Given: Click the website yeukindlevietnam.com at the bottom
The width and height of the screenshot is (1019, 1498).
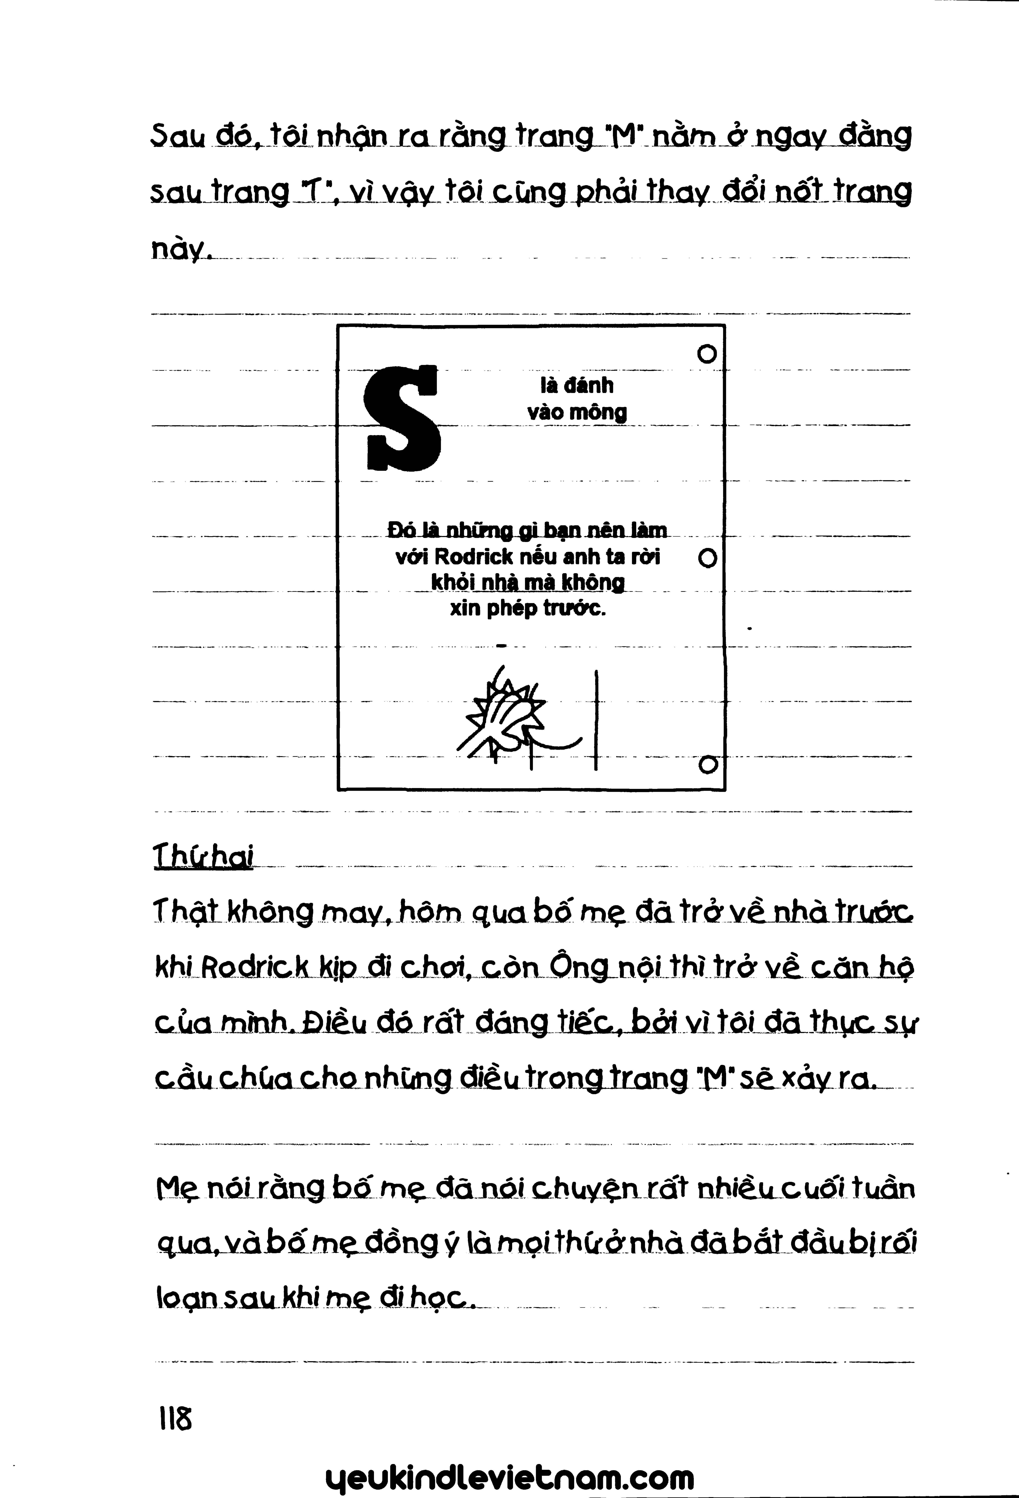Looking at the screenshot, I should pos(510,1475).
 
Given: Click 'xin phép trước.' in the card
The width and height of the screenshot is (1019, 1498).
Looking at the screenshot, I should pos(528,608).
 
